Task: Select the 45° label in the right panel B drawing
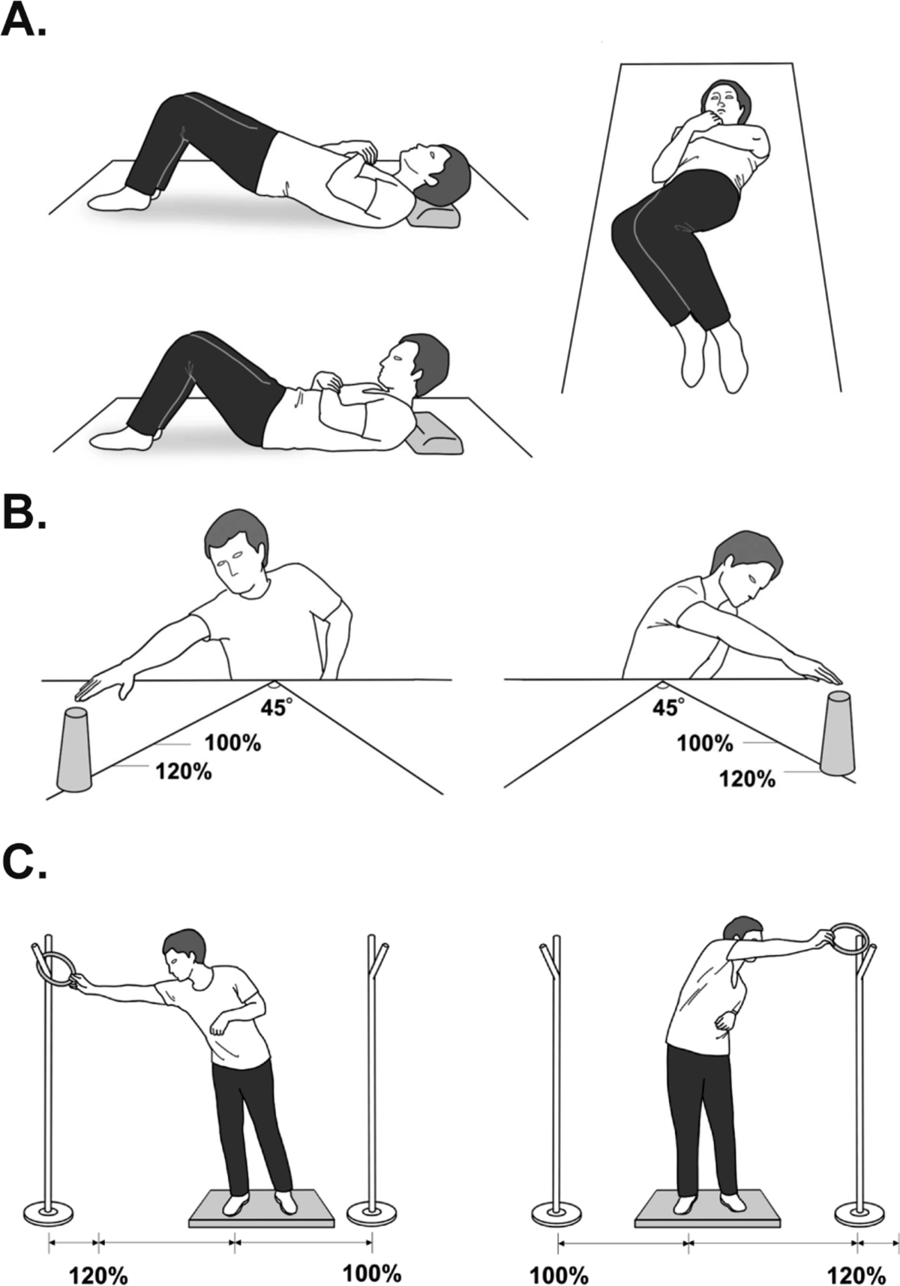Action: (x=667, y=708)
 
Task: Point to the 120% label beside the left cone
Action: (x=184, y=771)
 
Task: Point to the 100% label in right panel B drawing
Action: (x=705, y=744)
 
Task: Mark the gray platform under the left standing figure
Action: (x=261, y=1207)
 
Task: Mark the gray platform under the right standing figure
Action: (x=708, y=1207)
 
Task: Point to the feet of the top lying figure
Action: (x=121, y=199)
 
